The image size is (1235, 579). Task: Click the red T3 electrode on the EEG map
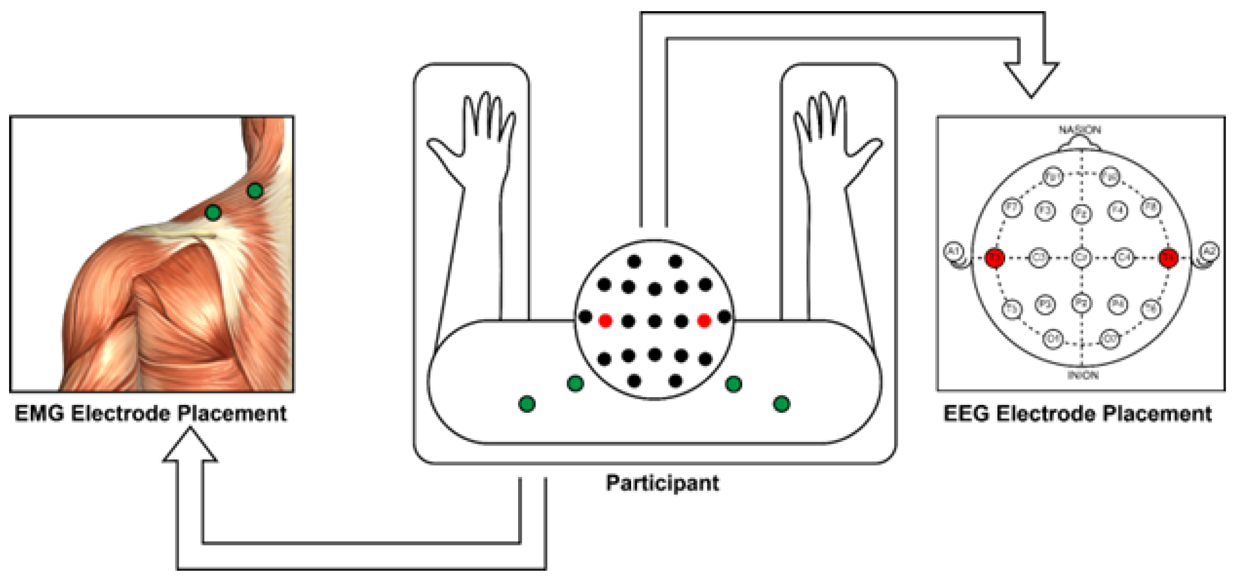tap(995, 258)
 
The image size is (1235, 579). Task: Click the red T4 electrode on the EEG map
tap(1168, 258)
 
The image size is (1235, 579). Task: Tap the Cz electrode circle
tap(1081, 258)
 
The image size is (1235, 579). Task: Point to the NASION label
tap(1079, 130)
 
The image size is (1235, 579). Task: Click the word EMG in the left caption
tap(39, 414)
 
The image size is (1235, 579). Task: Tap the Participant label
tap(662, 482)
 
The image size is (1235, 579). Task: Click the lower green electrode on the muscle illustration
tap(213, 212)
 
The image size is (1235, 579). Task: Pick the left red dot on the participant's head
tap(605, 321)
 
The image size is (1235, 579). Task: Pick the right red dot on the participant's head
tap(704, 321)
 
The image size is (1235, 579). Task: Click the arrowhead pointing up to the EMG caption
tap(190, 446)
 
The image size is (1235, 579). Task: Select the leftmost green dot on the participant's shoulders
tap(527, 404)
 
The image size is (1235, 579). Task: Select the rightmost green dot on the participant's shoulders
tap(781, 404)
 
